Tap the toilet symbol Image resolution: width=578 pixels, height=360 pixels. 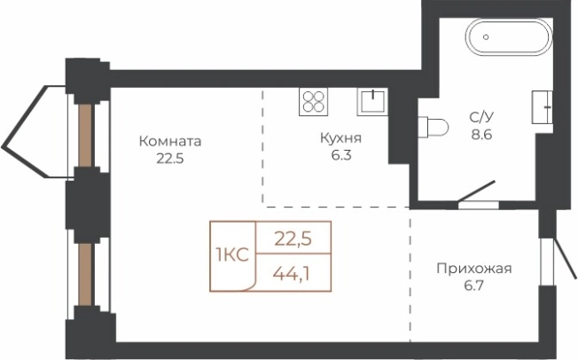(433, 127)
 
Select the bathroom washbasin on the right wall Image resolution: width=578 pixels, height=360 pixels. (540, 106)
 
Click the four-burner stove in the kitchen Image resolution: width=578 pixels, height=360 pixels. (314, 101)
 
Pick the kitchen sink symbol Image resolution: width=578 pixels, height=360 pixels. (372, 101)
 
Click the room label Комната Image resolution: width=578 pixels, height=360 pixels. (170, 141)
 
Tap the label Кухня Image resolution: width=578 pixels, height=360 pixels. (341, 138)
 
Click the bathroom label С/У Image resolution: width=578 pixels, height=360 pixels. (482, 115)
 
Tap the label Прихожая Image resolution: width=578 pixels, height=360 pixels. (475, 269)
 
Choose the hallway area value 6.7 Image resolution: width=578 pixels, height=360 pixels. (475, 286)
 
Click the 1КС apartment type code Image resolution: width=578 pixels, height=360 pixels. (231, 255)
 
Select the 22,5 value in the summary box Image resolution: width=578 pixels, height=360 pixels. (293, 237)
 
